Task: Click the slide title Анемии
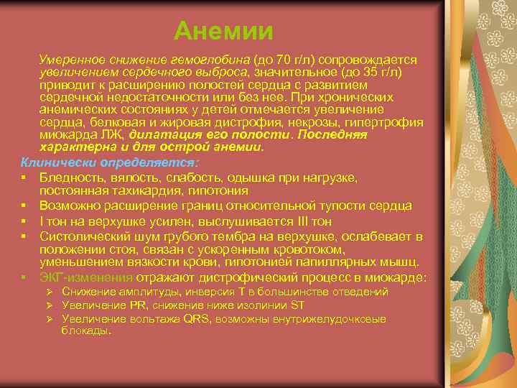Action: point(223,31)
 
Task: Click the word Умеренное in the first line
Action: point(67,58)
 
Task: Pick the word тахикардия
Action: point(132,191)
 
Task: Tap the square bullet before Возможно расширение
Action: point(24,205)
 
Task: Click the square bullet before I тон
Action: point(24,221)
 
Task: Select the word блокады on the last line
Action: point(85,331)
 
